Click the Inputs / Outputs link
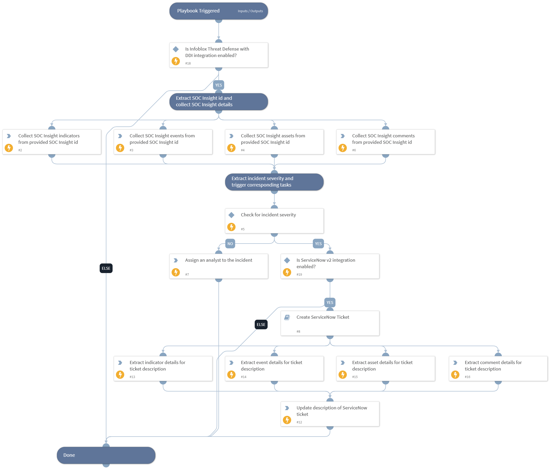(250, 11)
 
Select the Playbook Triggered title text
(198, 11)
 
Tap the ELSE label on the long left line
(106, 268)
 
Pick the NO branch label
(230, 243)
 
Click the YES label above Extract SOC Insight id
(218, 85)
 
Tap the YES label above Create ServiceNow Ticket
(329, 302)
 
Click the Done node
(106, 455)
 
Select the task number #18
(188, 63)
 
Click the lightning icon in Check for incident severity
(231, 227)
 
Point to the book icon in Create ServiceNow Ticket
(287, 317)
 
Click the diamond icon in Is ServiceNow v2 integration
(287, 260)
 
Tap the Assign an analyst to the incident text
(218, 260)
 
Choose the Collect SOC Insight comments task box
(385, 142)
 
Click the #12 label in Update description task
(299, 422)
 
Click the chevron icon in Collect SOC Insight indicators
(9, 136)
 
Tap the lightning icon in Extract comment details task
(455, 374)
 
